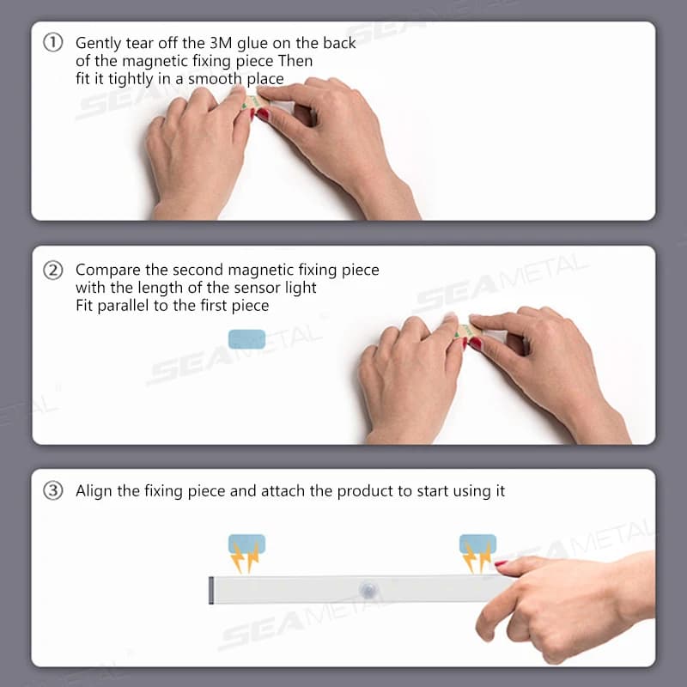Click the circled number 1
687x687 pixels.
click(x=53, y=43)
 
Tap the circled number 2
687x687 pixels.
click(x=53, y=271)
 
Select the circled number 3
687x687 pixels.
click(x=53, y=490)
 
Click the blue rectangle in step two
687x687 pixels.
click(x=246, y=339)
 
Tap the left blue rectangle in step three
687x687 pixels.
click(x=246, y=544)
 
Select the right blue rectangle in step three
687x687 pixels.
click(x=477, y=544)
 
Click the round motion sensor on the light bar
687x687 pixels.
click(x=368, y=590)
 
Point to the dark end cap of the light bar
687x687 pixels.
click(x=211, y=590)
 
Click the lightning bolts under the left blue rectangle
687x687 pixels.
click(x=245, y=557)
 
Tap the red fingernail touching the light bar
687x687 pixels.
click(x=501, y=563)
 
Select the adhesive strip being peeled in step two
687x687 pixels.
click(x=467, y=331)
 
